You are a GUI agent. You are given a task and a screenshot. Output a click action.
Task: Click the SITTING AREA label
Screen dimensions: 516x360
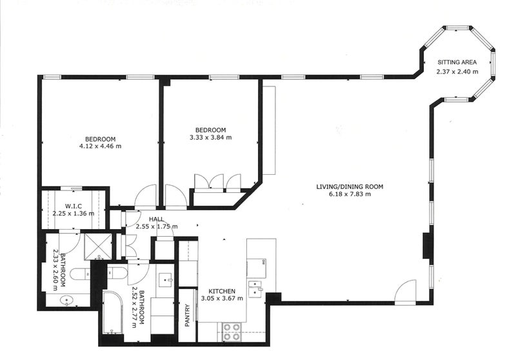tap(457, 62)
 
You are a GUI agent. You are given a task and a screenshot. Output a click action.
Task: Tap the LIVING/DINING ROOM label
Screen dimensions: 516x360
tap(350, 187)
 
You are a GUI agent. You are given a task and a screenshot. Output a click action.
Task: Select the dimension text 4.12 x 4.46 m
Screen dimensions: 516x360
tap(101, 146)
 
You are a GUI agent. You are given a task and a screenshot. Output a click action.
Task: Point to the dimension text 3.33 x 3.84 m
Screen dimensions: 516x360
tap(211, 137)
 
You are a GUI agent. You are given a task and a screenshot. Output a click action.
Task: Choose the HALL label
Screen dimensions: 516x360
tap(156, 219)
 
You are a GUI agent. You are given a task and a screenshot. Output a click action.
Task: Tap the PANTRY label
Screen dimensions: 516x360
tap(187, 315)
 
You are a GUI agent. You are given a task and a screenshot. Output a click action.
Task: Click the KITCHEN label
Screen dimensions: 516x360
tap(222, 291)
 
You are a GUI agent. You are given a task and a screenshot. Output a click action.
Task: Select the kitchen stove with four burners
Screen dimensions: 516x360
tap(232, 332)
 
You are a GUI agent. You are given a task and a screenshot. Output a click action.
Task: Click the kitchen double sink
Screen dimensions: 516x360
tap(255, 288)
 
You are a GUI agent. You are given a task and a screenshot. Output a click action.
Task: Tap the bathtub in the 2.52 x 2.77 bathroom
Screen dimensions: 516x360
tap(113, 312)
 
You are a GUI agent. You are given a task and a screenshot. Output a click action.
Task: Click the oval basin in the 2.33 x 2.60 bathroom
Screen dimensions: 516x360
tap(67, 301)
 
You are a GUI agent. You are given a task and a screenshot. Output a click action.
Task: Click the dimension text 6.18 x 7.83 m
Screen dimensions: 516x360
tap(350, 194)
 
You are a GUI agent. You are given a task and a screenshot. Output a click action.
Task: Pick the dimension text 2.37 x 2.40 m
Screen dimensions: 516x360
tap(457, 72)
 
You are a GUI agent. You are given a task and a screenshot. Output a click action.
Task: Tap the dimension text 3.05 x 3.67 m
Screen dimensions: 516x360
tap(222, 299)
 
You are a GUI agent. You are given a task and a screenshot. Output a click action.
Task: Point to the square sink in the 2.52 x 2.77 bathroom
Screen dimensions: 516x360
tap(166, 280)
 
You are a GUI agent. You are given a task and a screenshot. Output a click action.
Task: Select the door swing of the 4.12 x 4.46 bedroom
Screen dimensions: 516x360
tap(144, 197)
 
